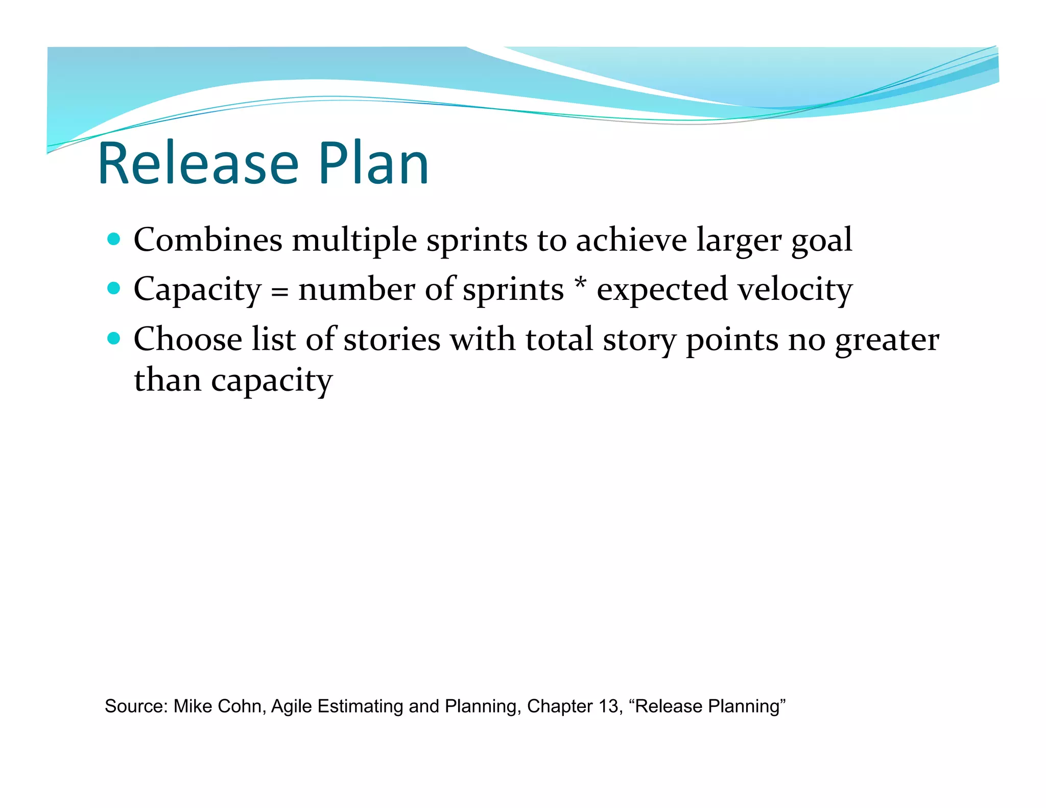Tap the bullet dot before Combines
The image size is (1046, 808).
click(x=114, y=239)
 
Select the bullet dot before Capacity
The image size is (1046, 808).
click(x=114, y=289)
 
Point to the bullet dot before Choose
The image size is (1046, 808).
click(x=114, y=338)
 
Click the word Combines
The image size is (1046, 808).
click(x=208, y=240)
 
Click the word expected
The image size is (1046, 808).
click(x=662, y=290)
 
